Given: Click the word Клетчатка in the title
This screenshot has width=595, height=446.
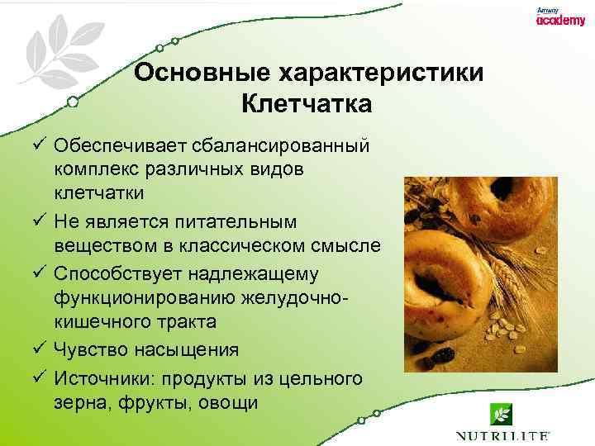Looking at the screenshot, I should (x=307, y=105).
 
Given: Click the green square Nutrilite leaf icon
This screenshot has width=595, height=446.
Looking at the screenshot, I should (x=502, y=411).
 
